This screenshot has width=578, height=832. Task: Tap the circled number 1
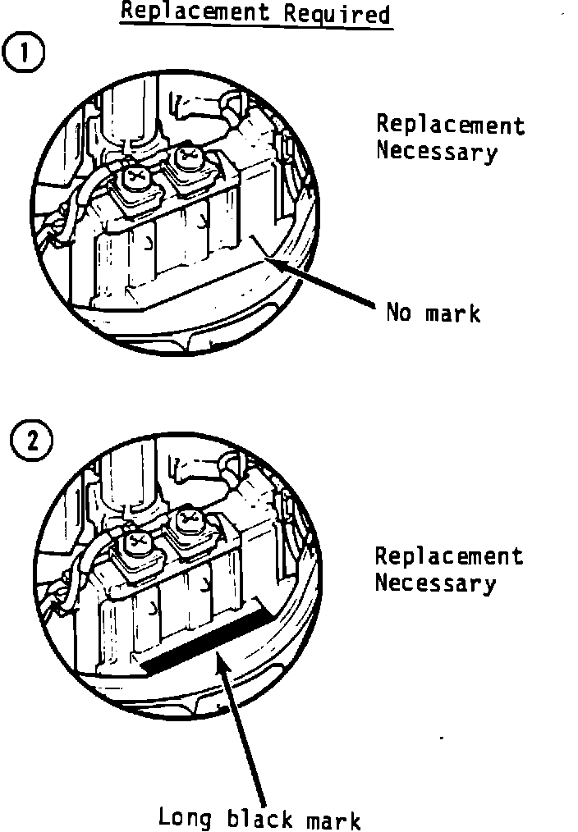(27, 54)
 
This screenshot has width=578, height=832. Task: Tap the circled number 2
(31, 442)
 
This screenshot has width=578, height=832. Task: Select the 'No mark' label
(433, 313)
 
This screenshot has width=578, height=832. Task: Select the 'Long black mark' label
(259, 818)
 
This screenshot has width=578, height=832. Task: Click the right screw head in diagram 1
(188, 153)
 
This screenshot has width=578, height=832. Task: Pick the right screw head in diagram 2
(187, 520)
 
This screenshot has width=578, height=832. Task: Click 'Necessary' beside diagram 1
(436, 152)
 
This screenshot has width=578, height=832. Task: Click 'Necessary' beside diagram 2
(435, 583)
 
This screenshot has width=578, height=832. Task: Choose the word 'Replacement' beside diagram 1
(450, 125)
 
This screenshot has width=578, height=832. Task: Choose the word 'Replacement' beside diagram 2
(448, 555)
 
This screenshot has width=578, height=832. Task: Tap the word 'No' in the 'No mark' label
(399, 313)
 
